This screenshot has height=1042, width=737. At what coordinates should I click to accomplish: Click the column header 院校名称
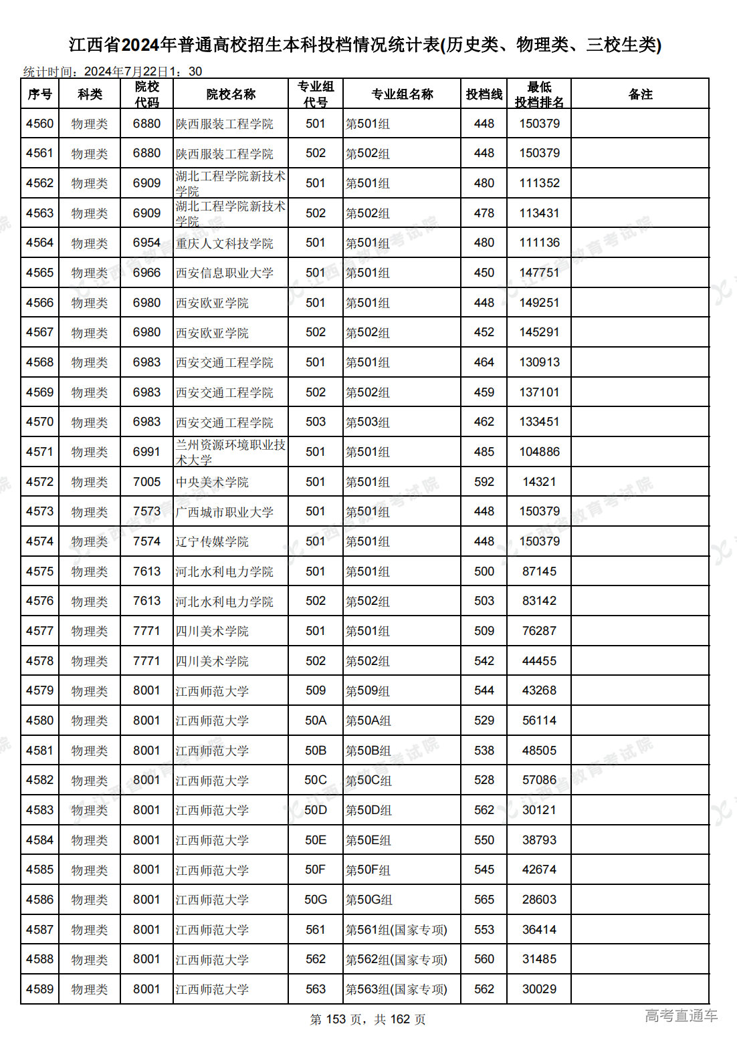tap(231, 94)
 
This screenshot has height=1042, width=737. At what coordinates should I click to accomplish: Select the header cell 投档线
tap(484, 94)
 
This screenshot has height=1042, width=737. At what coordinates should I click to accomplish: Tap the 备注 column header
tap(640, 94)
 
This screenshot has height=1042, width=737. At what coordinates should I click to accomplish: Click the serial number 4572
tap(39, 482)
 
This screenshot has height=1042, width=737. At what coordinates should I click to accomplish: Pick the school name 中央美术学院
tap(212, 482)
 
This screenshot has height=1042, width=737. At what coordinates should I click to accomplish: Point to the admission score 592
tap(484, 482)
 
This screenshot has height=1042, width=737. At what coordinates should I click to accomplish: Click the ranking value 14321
tap(539, 482)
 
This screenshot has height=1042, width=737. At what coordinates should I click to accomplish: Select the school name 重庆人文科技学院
tap(224, 243)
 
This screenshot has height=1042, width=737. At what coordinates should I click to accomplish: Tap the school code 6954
tap(146, 243)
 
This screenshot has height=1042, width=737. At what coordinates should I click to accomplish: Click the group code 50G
tap(315, 900)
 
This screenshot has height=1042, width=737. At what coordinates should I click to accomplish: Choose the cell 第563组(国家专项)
tap(396, 989)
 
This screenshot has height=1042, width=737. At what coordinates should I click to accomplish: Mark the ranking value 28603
tap(539, 900)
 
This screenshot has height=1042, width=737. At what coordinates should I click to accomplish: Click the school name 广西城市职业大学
tap(224, 512)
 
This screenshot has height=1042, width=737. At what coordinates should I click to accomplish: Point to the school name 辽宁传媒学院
tap(212, 541)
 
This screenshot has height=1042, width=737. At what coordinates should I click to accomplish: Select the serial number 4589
tap(39, 989)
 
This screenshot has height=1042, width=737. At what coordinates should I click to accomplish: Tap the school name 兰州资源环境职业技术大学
tap(230, 452)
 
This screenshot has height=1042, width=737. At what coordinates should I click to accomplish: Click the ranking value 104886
tap(539, 452)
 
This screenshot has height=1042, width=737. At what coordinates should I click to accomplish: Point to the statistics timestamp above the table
tap(112, 72)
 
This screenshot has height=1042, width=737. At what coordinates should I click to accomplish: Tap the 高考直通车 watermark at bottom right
tap(681, 1016)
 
